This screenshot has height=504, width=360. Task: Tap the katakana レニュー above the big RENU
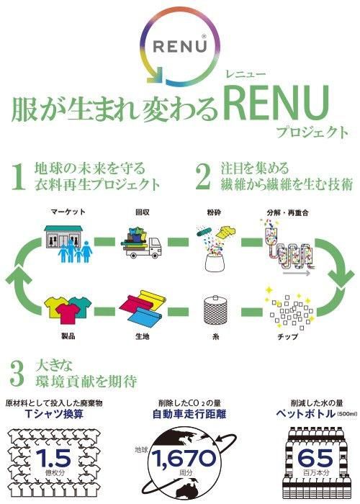point(246,75)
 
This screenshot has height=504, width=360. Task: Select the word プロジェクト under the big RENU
point(312,132)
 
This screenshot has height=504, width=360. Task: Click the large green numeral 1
point(19,176)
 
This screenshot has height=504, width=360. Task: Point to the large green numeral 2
point(204,176)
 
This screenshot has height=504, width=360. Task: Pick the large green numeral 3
point(17,373)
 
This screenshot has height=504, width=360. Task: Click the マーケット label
point(68,212)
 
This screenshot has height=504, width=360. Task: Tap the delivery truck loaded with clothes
point(141,243)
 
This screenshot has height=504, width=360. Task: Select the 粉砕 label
point(214,212)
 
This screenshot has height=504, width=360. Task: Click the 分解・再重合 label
point(287,212)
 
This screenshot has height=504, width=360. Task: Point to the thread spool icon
point(216,310)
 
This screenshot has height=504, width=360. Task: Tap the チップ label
point(287,336)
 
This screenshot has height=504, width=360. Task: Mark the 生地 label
point(142,336)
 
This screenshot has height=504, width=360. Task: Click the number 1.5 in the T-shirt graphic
point(54,458)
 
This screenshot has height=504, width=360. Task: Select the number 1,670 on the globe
point(184,459)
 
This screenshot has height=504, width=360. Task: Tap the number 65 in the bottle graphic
point(315,458)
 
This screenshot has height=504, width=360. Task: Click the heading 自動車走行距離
point(189,414)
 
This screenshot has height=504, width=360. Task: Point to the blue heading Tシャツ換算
point(54,414)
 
